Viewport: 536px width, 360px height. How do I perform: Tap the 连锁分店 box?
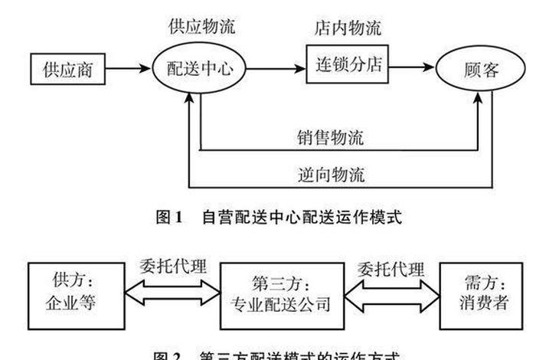click(x=345, y=67)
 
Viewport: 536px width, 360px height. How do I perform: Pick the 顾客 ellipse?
click(x=482, y=70)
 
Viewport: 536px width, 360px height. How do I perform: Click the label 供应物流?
click(x=202, y=27)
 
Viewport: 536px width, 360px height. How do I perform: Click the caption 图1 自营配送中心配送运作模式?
click(x=279, y=217)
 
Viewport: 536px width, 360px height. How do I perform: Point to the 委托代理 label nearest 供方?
click(x=172, y=267)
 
